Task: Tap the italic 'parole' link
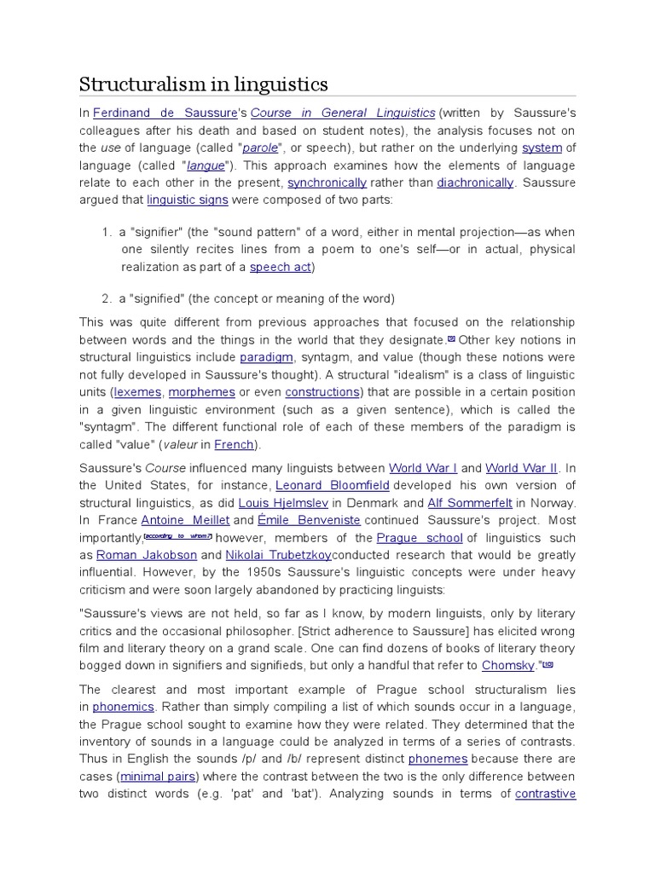tap(260, 147)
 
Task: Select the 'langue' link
tap(206, 165)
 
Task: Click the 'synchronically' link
tap(327, 182)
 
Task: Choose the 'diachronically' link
tap(475, 182)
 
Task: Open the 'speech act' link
tap(281, 267)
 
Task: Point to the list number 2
tap(107, 298)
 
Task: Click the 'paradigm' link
tap(266, 357)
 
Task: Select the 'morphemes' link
tap(201, 392)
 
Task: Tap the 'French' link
tap(235, 444)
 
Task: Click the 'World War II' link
tap(521, 468)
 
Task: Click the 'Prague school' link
tap(419, 538)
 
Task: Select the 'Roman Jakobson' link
tap(146, 555)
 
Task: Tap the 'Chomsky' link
tap(508, 665)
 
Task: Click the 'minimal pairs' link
tap(159, 777)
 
